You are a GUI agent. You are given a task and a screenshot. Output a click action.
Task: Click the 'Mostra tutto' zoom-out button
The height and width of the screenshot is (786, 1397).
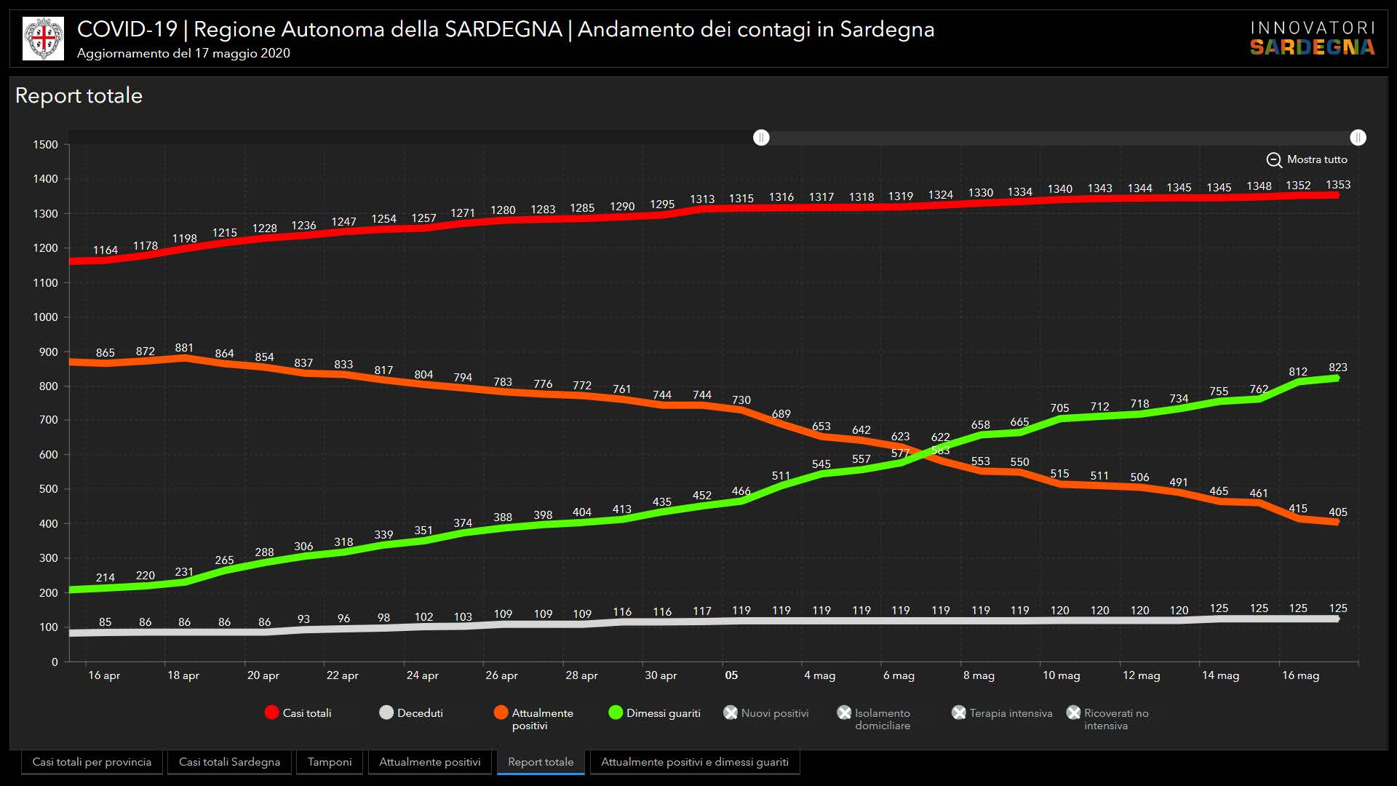point(1307,159)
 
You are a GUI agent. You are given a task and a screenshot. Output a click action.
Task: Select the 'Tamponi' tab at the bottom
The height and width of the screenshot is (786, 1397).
point(330,762)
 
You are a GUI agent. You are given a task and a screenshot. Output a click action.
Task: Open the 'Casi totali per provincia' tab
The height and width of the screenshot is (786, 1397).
point(92,762)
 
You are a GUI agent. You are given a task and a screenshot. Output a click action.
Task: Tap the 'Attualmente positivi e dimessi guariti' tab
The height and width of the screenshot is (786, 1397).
point(694,762)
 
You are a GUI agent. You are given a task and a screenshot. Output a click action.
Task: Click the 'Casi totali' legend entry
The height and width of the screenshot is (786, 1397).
point(298,713)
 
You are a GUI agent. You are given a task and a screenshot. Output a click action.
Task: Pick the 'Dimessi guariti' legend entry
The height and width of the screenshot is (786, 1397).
point(654,713)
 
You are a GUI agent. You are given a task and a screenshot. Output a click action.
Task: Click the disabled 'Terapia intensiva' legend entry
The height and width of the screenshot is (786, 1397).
point(1002,713)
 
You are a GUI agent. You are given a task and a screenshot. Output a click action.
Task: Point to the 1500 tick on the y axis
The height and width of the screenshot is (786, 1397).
point(45,145)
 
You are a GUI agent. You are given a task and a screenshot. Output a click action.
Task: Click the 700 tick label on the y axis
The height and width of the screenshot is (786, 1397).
point(49,420)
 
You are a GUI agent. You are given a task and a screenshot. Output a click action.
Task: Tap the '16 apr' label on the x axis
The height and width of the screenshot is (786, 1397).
point(104,675)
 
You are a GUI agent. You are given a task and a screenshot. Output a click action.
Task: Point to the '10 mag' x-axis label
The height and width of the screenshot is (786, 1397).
point(1061,675)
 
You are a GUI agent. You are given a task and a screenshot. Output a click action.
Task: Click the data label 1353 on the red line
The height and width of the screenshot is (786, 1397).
point(1338,185)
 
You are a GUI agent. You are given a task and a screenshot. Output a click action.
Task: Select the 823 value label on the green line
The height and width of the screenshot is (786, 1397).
point(1338,368)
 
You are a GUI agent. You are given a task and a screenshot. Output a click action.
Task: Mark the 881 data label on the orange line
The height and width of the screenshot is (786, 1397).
point(184,348)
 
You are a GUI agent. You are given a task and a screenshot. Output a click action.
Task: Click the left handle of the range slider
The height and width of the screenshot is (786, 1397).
point(761,138)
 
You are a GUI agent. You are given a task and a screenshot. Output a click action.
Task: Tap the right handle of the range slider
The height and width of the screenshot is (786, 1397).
point(1358,138)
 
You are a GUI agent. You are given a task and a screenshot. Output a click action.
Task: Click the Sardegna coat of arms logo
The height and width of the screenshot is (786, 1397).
point(43,39)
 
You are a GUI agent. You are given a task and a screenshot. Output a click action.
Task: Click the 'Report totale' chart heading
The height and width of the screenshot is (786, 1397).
point(79,95)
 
